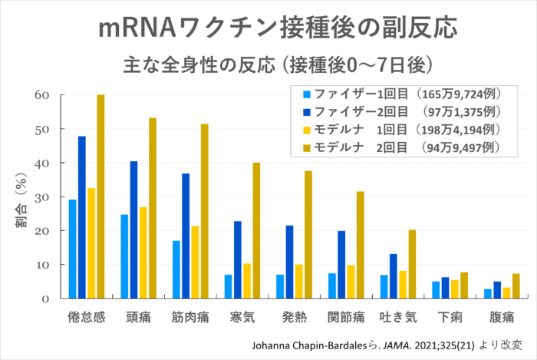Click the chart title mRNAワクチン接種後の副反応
tap(278, 28)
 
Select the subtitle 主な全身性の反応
tap(199, 64)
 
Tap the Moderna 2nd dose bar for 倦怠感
tap(100, 197)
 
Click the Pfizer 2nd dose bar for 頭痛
tap(134, 230)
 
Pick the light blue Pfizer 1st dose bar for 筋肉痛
tap(176, 269)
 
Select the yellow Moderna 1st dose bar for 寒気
tap(247, 281)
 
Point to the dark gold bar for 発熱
tap(308, 235)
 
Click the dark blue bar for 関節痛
tap(341, 265)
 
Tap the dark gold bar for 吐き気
tap(413, 264)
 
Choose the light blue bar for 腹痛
tap(488, 293)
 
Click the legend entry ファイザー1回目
tap(402, 94)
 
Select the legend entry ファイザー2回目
tap(402, 111)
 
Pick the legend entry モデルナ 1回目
tap(402, 130)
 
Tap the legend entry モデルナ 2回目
tap(402, 147)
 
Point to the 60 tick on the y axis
tap(41, 95)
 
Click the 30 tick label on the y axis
tap(41, 197)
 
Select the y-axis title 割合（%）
tap(21, 200)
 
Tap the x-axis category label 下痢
tap(450, 317)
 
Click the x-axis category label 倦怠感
tap(86, 317)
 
